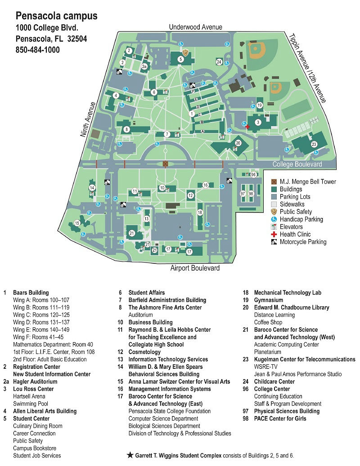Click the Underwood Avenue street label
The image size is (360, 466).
(x=195, y=27)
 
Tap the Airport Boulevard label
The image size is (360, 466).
(x=195, y=268)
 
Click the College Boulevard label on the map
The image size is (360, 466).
(x=297, y=164)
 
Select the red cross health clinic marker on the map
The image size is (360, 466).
(x=247, y=127)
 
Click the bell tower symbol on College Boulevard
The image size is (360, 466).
(x=165, y=164)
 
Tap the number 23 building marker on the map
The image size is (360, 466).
(x=314, y=144)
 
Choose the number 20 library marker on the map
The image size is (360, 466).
(x=238, y=143)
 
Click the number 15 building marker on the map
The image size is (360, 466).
(x=77, y=223)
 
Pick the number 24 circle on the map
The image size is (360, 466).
(x=219, y=62)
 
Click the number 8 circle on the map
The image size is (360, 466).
(x=127, y=130)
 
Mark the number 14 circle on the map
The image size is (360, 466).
(x=92, y=188)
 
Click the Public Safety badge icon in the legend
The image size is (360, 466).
(x=274, y=212)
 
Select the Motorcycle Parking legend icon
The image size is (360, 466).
(x=274, y=242)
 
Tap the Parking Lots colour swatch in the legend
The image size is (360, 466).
(x=274, y=197)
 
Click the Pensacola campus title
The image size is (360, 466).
(x=57, y=17)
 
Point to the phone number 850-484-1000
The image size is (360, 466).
(x=38, y=50)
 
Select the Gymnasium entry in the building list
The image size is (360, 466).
(x=268, y=300)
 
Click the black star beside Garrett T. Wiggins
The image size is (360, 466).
(x=130, y=455)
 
